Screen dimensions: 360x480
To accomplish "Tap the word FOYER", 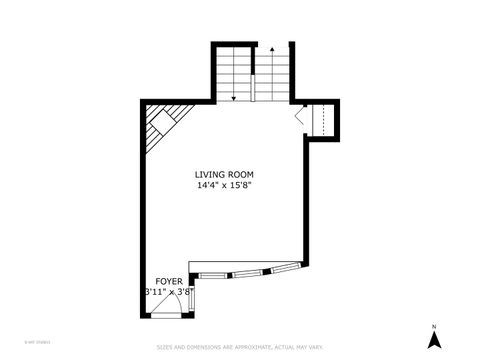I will (168, 282).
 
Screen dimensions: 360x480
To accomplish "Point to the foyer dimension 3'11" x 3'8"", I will (168, 292).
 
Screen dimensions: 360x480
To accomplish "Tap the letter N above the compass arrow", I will (433, 327).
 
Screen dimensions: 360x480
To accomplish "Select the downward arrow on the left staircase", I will (233, 97).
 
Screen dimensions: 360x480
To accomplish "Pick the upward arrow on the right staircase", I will (270, 48).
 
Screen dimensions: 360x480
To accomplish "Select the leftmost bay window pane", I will (212, 272).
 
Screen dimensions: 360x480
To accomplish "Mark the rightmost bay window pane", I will (285, 267).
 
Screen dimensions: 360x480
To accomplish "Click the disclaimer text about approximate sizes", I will (240, 348).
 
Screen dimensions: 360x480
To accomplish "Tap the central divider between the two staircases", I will (252, 75).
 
